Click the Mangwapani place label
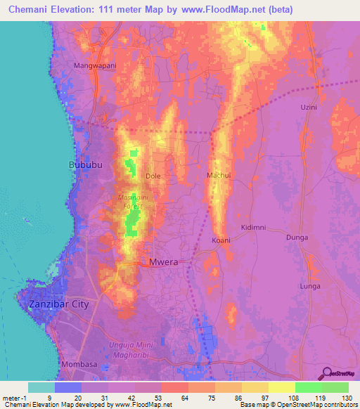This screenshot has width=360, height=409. pos(95,65)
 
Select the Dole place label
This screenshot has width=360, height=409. pos(153,176)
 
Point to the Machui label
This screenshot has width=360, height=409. pos(219,174)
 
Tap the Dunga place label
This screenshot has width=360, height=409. pos(297,238)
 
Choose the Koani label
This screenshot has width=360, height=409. pos(221,240)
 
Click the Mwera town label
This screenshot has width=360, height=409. pos(163,263)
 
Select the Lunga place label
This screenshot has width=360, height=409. pos(310,287)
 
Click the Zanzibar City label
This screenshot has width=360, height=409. pos(59,304)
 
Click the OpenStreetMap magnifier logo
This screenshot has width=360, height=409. pos(325,373)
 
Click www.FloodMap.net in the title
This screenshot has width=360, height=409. pos(229,9)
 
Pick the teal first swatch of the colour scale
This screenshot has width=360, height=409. pos(41,387)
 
